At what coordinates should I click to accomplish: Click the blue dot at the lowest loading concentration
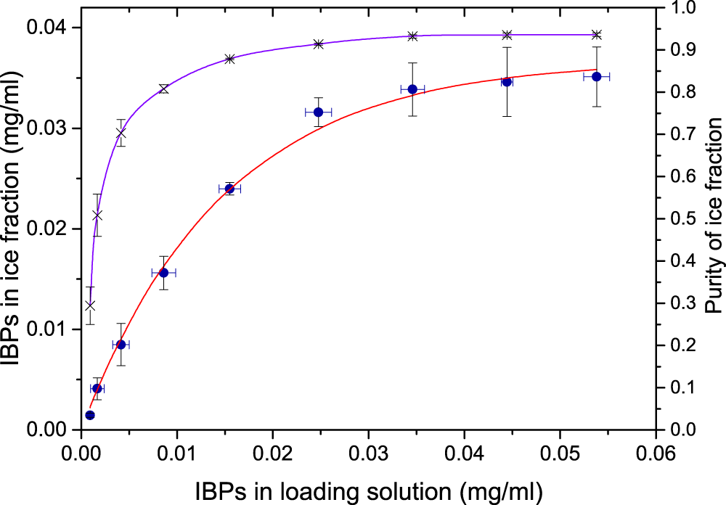90,415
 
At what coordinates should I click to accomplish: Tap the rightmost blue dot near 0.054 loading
597,76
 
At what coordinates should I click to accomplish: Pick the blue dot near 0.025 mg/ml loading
318,112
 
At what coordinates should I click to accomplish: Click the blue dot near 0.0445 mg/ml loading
507,81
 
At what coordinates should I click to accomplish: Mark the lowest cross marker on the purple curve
90,305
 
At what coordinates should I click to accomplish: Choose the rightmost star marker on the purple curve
597,35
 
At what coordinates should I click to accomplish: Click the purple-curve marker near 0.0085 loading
163,89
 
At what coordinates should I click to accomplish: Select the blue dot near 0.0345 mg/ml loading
412,89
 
